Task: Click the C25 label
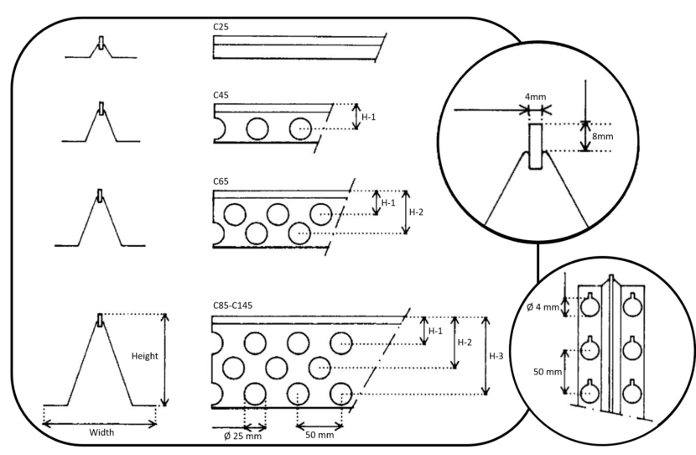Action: point(222,27)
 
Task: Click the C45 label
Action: point(222,95)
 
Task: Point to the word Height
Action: point(144,356)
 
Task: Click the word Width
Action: point(101,433)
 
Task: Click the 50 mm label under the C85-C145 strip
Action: point(317,434)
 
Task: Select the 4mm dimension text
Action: point(534,97)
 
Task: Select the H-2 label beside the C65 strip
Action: point(417,210)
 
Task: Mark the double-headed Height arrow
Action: point(164,359)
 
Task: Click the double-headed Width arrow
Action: point(101,421)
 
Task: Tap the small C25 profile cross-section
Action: point(101,50)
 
